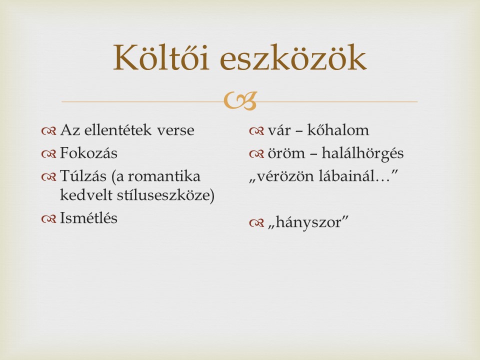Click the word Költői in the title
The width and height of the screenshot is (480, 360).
(161, 57)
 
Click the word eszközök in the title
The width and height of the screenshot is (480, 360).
(293, 57)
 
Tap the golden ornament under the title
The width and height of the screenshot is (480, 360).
(240, 100)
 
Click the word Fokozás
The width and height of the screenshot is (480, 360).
(88, 153)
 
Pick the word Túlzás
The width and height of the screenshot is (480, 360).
(83, 176)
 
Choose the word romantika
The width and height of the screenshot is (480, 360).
(164, 176)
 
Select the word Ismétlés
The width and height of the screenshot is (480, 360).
(88, 218)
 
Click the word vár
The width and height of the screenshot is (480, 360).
(279, 130)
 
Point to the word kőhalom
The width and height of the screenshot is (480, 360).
(338, 130)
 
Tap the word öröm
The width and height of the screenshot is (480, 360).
(286, 153)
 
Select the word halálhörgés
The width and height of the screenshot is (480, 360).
(363, 153)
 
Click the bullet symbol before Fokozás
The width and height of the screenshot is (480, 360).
(49, 153)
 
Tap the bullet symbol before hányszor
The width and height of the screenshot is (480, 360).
(256, 223)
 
